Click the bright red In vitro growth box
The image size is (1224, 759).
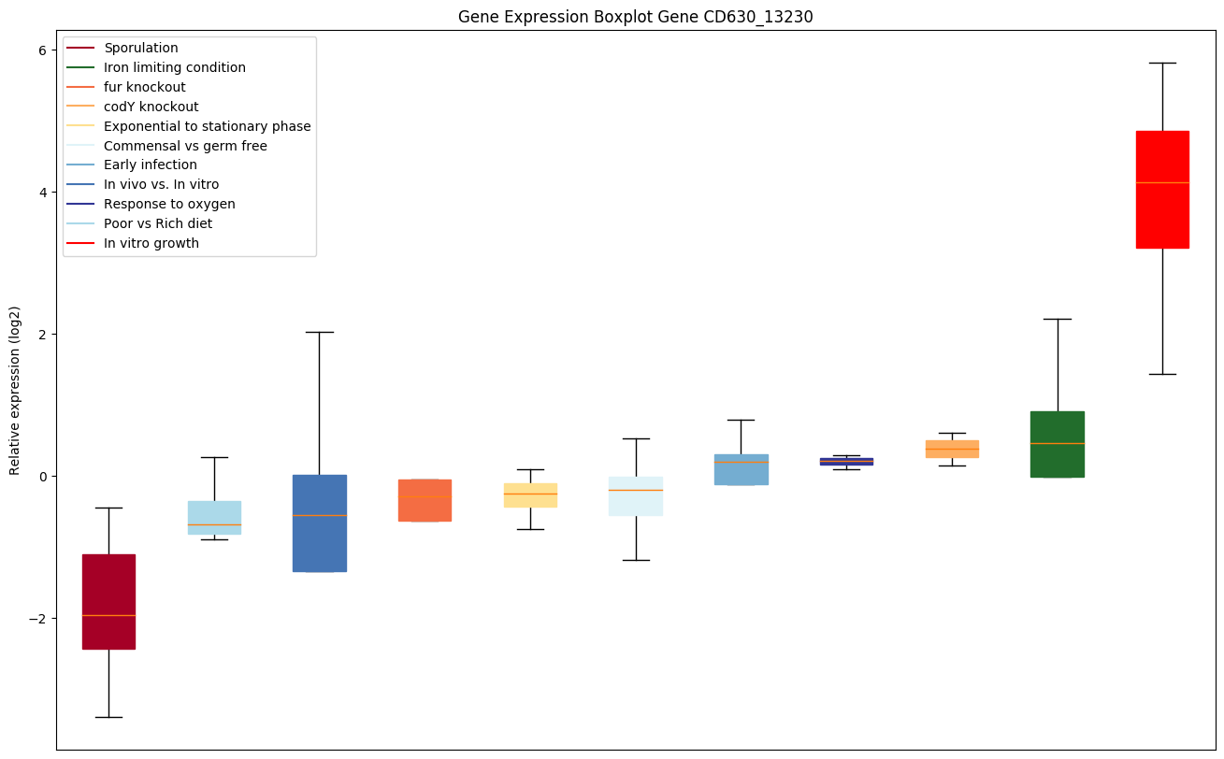click(x=1162, y=190)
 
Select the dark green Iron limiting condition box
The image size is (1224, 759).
click(x=1057, y=444)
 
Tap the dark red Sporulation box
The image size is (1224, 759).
click(x=108, y=601)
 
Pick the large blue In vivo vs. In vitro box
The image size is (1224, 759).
click(x=319, y=523)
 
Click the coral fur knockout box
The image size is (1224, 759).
click(x=425, y=500)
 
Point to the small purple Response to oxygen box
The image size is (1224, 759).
click(x=846, y=461)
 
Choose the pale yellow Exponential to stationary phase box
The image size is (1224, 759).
click(x=530, y=495)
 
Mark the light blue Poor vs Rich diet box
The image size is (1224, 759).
click(x=214, y=517)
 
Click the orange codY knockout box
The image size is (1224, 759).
click(x=952, y=449)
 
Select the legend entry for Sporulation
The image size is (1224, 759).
click(x=141, y=48)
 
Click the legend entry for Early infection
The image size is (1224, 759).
click(x=151, y=165)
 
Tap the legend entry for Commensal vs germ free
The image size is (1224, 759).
click(x=185, y=146)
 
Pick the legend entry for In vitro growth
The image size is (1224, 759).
click(x=151, y=243)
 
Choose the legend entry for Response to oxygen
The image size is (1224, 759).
click(x=169, y=204)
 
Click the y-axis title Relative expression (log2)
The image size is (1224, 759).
click(x=15, y=390)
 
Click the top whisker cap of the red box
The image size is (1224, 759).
click(x=1162, y=63)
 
